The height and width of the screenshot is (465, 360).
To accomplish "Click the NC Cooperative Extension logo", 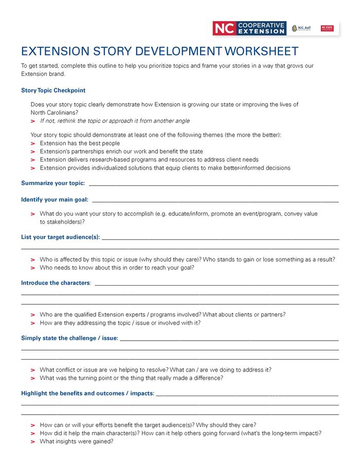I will point(249,28).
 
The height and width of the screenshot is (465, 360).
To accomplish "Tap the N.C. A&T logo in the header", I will point(301,28).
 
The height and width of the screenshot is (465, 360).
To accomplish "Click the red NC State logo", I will point(327,28).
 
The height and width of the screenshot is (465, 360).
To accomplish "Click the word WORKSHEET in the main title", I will point(261,51).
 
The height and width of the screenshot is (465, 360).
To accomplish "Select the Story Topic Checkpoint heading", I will point(53,90).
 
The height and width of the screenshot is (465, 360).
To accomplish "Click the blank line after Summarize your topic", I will point(213,184).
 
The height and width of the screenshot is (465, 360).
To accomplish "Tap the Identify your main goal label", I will point(55,199).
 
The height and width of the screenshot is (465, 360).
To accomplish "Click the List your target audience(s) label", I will point(60,237).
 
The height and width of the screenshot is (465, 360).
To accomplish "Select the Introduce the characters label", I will point(56,283).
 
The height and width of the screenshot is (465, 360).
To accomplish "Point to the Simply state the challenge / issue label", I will point(69,338).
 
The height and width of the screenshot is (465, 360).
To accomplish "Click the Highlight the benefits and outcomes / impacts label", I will point(87,393).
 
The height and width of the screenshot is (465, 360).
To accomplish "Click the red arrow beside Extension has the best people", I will point(33,144).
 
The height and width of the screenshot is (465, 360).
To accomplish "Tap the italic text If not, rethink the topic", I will point(114,121).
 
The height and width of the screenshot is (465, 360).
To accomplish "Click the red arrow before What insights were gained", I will point(33,441).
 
